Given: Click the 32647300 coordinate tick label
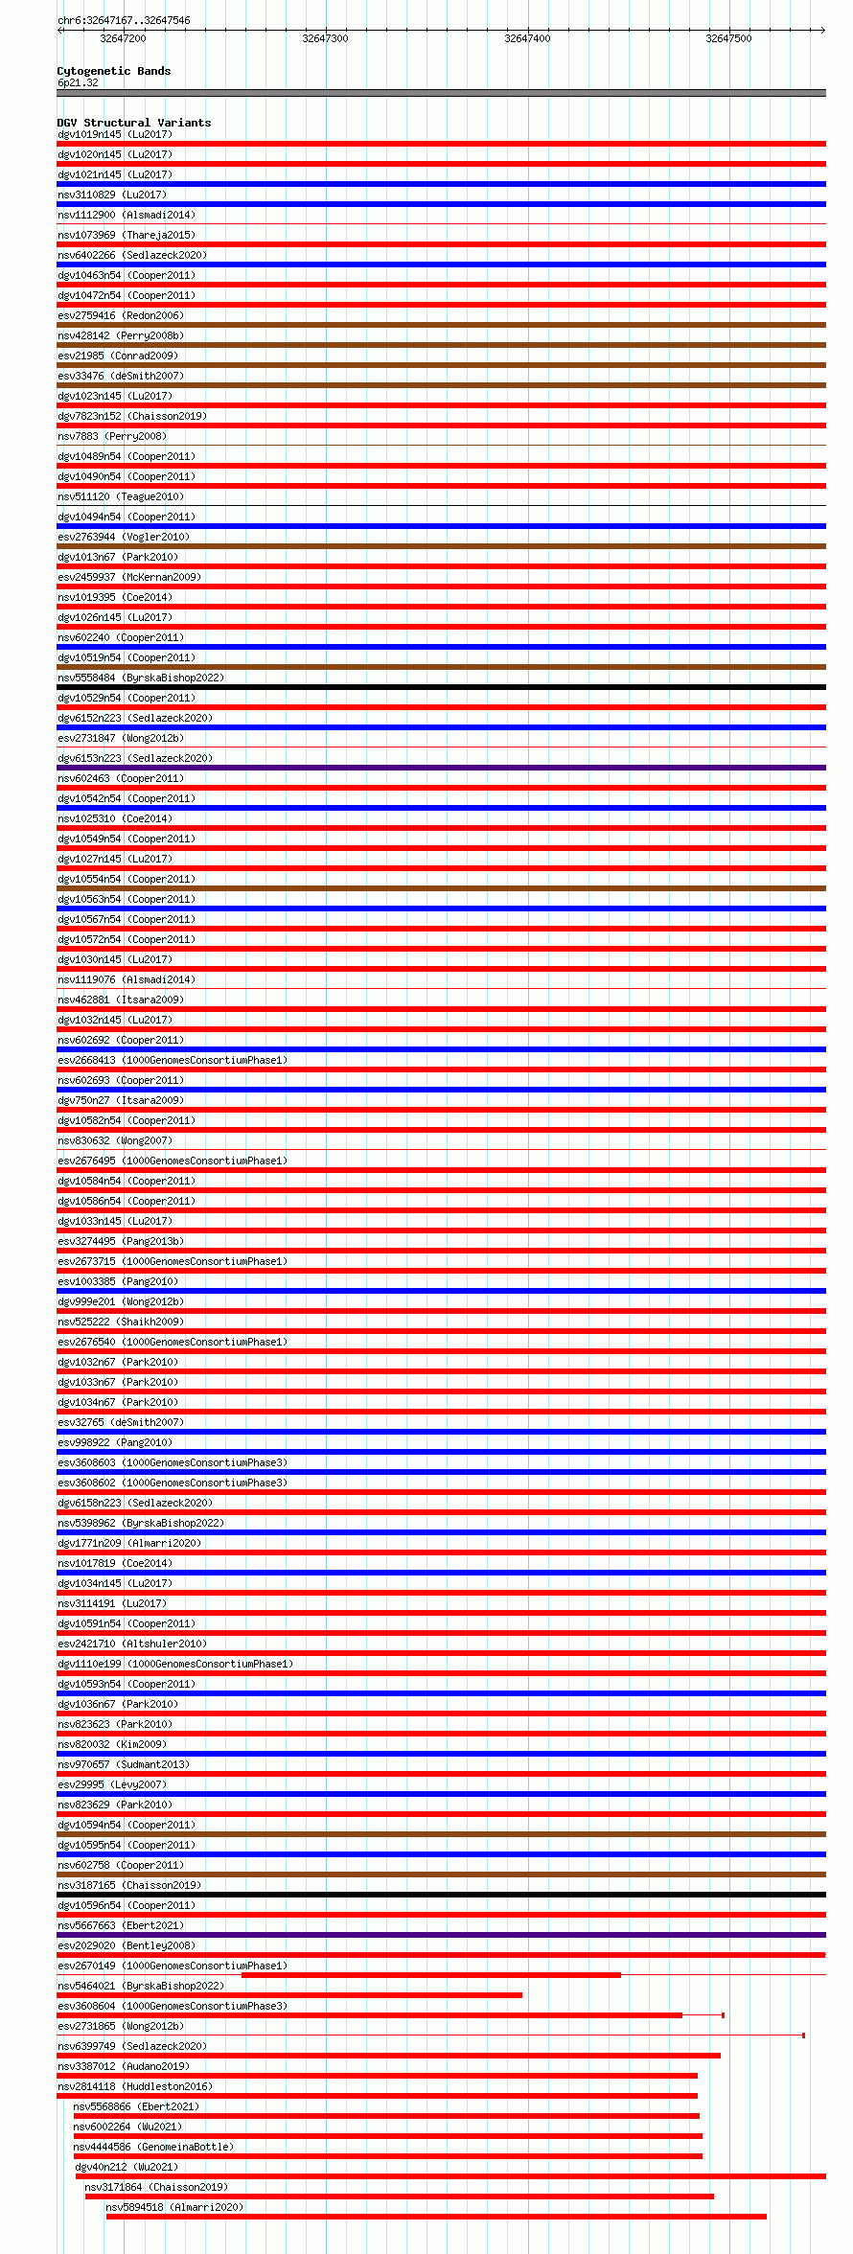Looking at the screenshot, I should tap(325, 38).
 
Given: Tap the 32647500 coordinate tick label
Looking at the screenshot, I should tap(728, 38).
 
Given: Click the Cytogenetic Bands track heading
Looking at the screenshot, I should tap(113, 71).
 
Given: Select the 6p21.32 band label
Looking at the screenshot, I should tap(78, 82).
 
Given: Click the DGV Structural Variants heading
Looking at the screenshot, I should tap(133, 123).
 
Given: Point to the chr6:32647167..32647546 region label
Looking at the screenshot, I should tap(124, 20).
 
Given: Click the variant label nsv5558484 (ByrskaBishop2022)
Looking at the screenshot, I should tap(141, 678).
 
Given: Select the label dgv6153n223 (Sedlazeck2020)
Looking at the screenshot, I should tap(135, 758).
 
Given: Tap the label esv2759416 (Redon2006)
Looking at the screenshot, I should tap(121, 315).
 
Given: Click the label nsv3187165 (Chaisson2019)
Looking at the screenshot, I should tap(129, 1885).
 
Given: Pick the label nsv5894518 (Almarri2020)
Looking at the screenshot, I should tap(174, 2207).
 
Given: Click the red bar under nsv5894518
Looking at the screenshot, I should tap(436, 2217).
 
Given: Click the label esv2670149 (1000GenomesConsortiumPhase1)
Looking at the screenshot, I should tap(173, 1966).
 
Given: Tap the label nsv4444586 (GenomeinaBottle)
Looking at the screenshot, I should tap(153, 2147).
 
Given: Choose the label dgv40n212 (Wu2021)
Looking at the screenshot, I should tap(127, 2167).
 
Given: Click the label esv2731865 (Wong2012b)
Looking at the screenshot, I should tap(121, 2026).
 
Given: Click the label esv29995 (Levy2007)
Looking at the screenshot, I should tap(112, 1784).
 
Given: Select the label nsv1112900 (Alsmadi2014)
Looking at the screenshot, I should tap(127, 215).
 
